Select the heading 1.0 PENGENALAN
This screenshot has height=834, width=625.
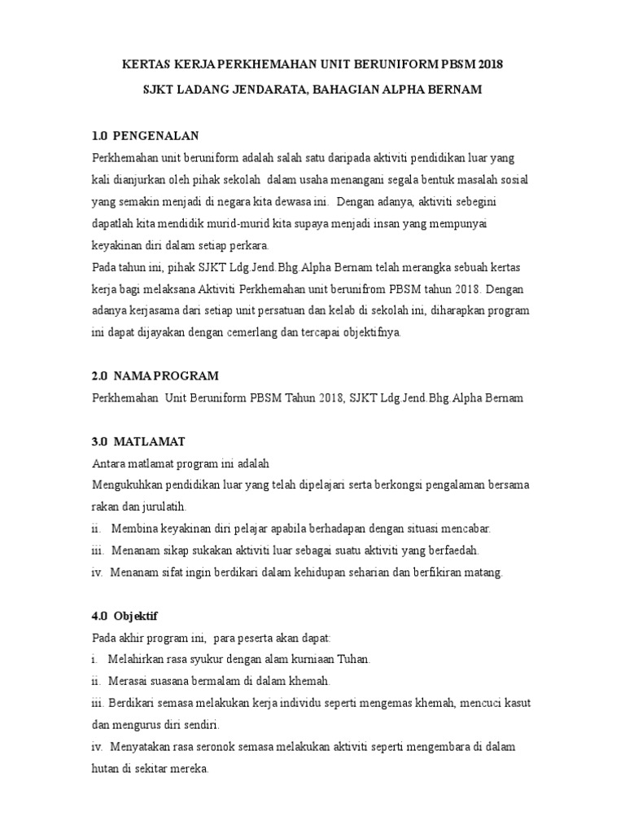146,134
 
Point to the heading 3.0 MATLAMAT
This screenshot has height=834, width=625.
138,441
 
